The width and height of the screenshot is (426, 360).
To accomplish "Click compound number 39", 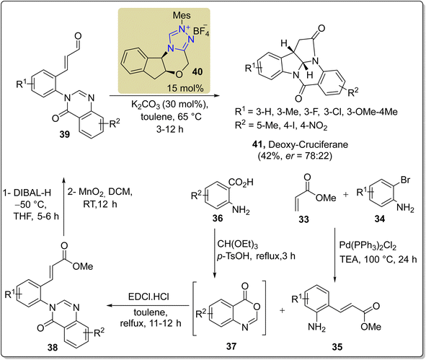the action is point(64,133).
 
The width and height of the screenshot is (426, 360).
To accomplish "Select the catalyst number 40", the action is point(198,71).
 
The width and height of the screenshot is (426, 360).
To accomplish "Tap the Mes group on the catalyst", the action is point(182,15).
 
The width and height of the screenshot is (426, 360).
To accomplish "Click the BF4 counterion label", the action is point(201,31).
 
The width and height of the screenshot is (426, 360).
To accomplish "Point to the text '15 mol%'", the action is point(185,88).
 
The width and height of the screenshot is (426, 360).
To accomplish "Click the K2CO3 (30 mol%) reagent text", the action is point(170,105).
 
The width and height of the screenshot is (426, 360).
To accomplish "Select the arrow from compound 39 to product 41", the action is point(164,96).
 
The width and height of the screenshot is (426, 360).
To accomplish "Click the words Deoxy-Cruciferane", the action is point(308,144).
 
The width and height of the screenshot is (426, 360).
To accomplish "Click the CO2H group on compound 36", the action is point(241,183).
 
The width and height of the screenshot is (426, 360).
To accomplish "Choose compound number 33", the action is point(303,219).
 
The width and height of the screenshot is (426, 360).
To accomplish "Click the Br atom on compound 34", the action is point(405,180).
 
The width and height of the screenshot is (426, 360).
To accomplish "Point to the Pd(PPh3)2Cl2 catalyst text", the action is point(368,246).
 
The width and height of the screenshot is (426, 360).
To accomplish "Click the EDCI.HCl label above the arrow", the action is point(148,297).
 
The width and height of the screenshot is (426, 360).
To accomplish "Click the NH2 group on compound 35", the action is point(316,328).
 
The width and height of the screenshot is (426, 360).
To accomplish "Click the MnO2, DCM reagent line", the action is point(99,192).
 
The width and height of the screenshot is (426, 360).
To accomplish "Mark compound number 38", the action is point(53,347).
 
